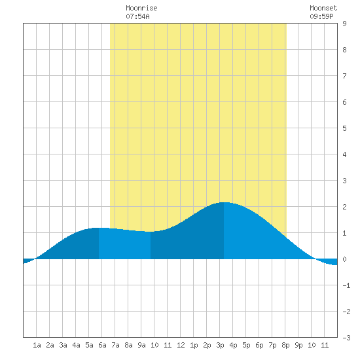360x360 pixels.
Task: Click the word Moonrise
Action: [141, 8]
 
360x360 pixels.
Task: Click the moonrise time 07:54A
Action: [137, 16]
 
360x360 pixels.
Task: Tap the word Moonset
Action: [323, 8]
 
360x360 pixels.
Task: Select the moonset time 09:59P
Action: [321, 16]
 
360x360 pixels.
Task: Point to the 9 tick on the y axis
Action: [344, 24]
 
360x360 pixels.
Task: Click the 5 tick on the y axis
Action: [344, 128]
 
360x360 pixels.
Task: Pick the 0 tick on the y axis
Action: [344, 259]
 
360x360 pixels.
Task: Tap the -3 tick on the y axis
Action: [346, 338]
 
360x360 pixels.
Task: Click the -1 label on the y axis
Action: [346, 285]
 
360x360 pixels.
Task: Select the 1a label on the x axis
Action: [37, 345]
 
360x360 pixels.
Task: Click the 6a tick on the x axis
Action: [102, 345]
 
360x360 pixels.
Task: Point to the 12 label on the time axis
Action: [181, 345]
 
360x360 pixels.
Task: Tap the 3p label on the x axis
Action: [220, 345]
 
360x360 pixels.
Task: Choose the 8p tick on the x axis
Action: [285, 345]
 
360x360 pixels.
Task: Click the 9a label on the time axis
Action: [141, 345]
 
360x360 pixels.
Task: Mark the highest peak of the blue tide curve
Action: [224, 202]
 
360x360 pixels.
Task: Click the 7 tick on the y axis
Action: [344, 76]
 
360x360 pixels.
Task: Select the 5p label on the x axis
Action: [246, 345]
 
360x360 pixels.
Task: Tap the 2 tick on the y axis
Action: [344, 207]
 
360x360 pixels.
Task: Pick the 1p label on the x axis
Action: [194, 345]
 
